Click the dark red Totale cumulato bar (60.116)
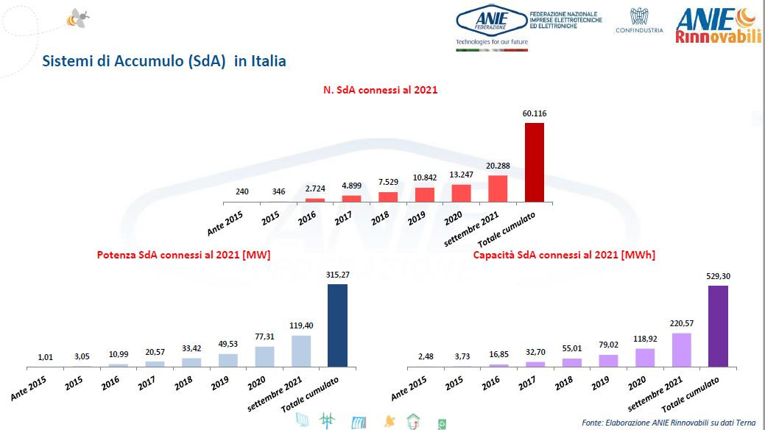click(x=534, y=162)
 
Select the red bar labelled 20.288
click(x=498, y=188)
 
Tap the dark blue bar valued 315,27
click(x=336, y=325)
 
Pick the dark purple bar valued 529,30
click(x=717, y=325)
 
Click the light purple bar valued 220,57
click(x=681, y=350)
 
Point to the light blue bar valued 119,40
click(x=300, y=351)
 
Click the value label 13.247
click(x=461, y=175)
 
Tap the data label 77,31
click(x=265, y=336)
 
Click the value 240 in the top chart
click(x=242, y=191)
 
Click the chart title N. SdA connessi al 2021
click(x=381, y=90)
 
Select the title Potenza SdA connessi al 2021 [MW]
click(x=183, y=255)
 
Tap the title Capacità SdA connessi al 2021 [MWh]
click(x=564, y=255)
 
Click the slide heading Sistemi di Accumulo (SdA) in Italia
click(x=163, y=61)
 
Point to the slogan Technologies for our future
click(x=492, y=42)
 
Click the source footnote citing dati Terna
click(x=671, y=423)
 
